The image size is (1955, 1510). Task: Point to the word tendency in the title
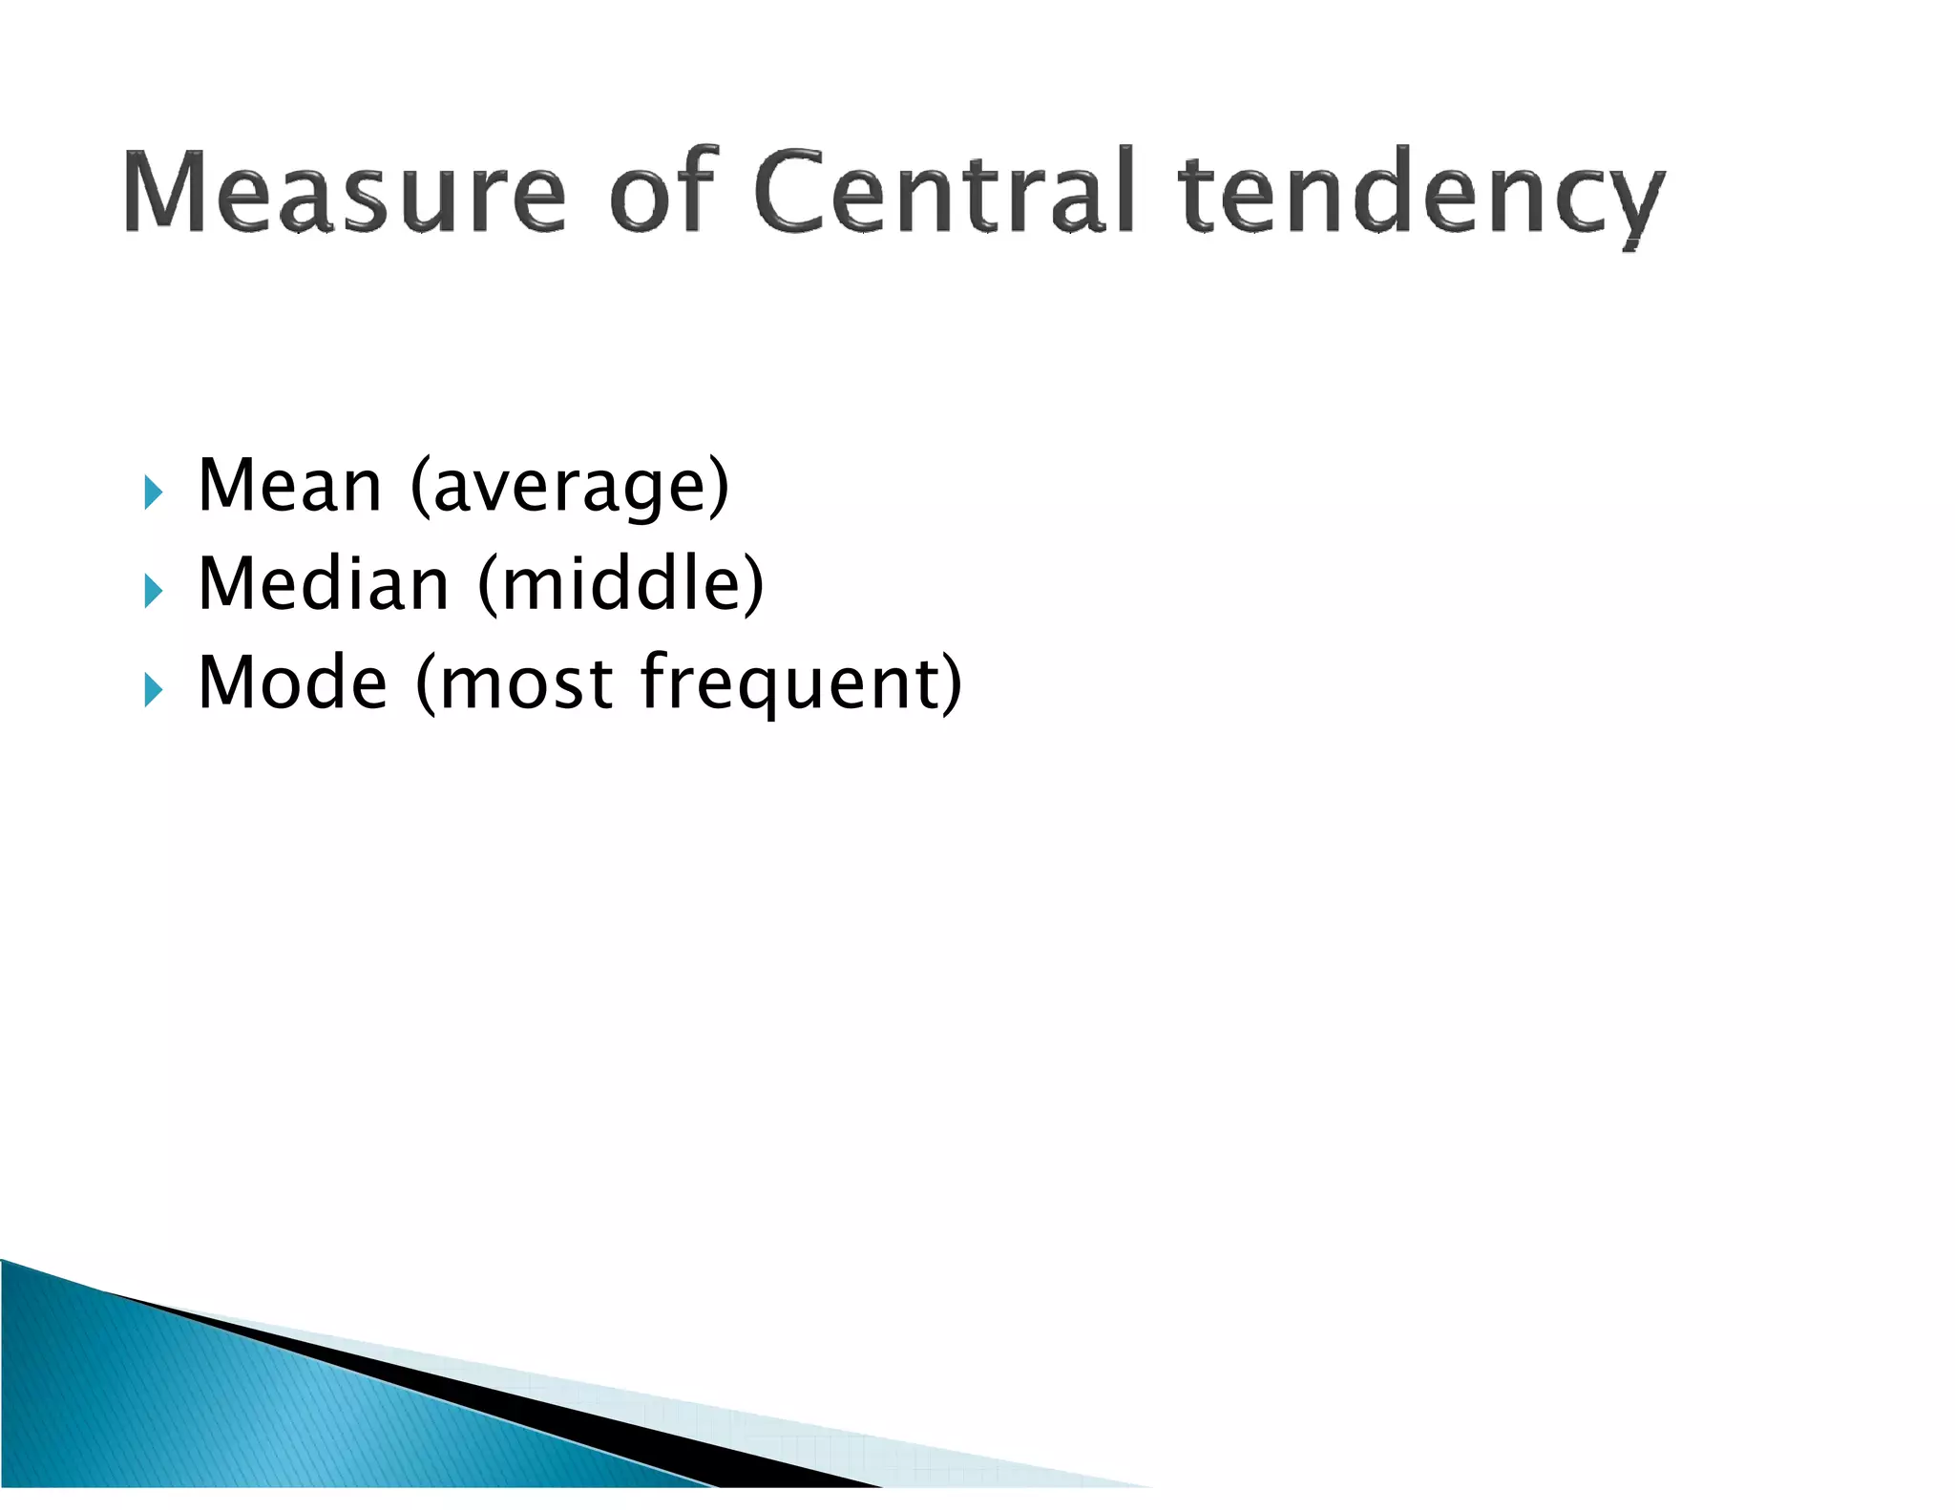[x=1421, y=197]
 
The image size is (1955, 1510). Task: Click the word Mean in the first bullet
[x=290, y=486]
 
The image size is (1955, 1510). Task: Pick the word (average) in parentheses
[x=570, y=488]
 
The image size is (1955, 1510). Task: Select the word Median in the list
[x=324, y=584]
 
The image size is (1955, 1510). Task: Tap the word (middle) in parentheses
[x=621, y=584]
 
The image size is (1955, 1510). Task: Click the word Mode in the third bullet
[x=292, y=682]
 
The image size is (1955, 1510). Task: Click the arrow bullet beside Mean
[x=153, y=493]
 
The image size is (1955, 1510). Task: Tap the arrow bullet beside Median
[x=153, y=591]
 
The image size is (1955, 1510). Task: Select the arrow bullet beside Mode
[x=153, y=689]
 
